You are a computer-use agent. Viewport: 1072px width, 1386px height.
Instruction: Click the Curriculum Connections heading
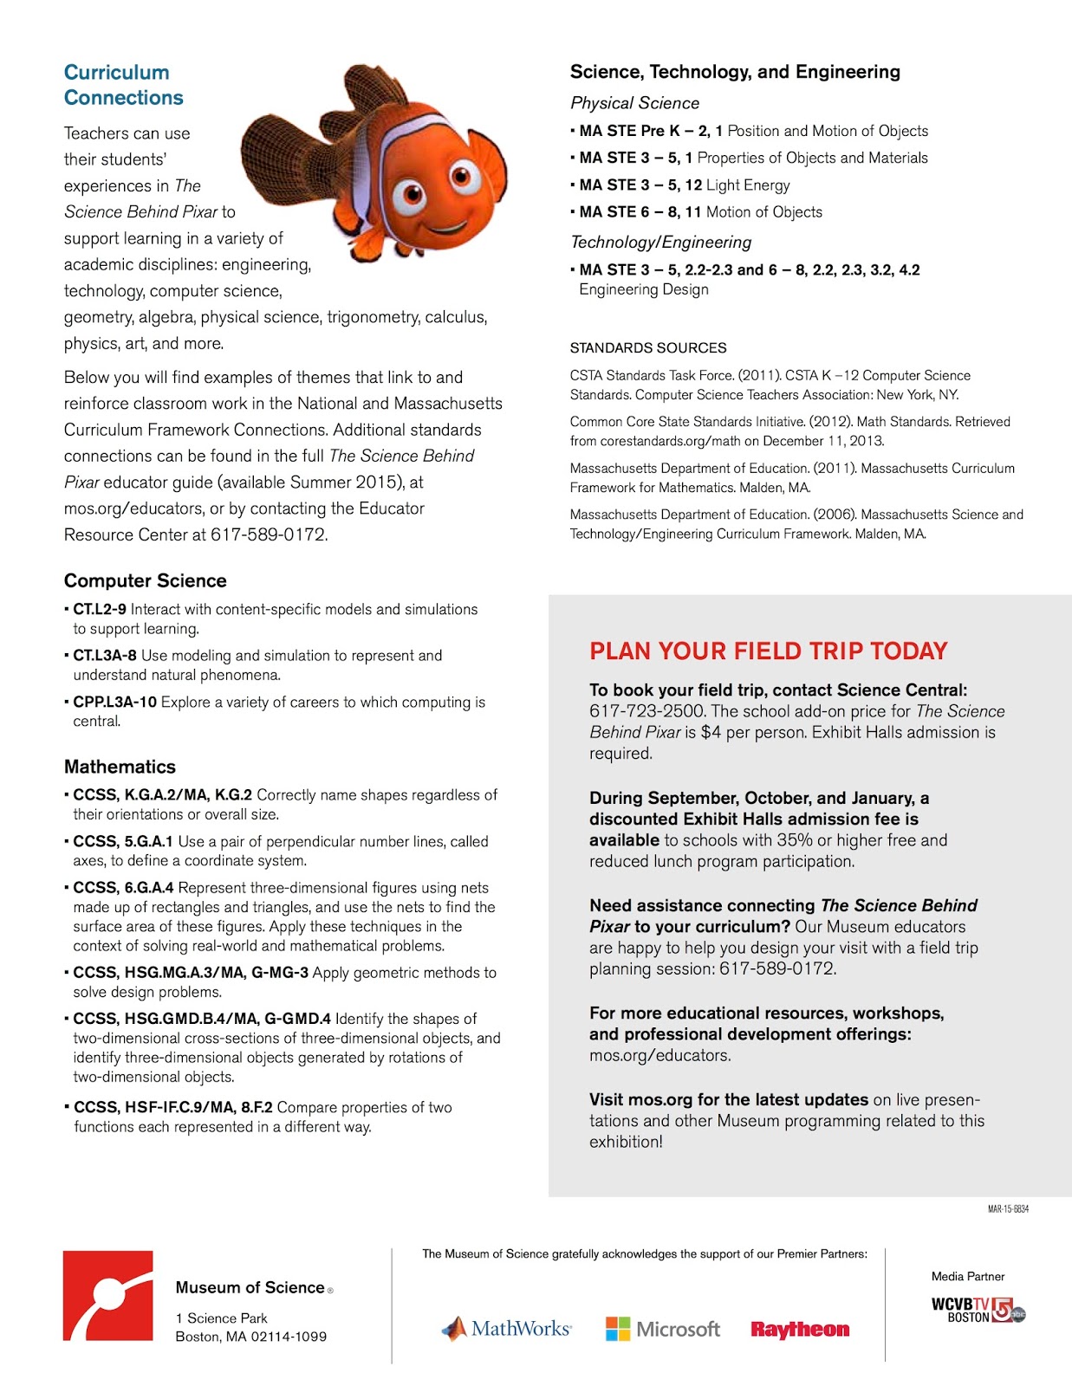pyautogui.click(x=123, y=85)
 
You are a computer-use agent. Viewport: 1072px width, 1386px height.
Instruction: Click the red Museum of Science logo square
pyautogui.click(x=107, y=1295)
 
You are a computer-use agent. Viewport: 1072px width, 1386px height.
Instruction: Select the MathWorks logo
pyautogui.click(x=507, y=1328)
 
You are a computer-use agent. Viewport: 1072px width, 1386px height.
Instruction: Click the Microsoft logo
pyautogui.click(x=663, y=1328)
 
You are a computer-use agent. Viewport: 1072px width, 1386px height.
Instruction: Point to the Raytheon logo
pyautogui.click(x=799, y=1329)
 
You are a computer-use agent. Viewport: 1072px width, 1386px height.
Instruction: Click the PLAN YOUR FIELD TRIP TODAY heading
pyautogui.click(x=768, y=651)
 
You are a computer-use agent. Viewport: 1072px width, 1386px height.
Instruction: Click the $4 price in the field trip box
pyautogui.click(x=710, y=732)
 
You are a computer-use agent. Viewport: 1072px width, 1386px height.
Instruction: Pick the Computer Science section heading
pyautogui.click(x=145, y=580)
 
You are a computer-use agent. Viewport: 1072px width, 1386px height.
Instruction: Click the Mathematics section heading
pyautogui.click(x=120, y=767)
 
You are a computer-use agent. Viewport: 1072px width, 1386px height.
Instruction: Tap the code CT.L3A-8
pyautogui.click(x=104, y=656)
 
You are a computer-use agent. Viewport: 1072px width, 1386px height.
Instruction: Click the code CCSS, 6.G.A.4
pyautogui.click(x=123, y=888)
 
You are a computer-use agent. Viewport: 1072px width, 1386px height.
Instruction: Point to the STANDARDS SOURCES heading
pyautogui.click(x=647, y=347)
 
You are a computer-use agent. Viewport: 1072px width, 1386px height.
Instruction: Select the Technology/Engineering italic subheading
pyautogui.click(x=660, y=243)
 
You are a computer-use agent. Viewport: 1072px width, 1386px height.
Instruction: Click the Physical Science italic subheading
pyautogui.click(x=634, y=103)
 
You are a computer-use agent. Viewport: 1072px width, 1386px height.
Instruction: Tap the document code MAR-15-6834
pyautogui.click(x=1008, y=1208)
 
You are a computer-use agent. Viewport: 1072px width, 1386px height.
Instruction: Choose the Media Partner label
pyautogui.click(x=967, y=1276)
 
